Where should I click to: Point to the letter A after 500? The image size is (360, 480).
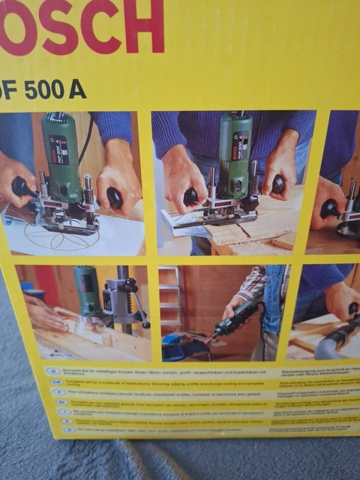76,89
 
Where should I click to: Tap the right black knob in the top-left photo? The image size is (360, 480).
114,197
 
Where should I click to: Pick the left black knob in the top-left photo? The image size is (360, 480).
23,187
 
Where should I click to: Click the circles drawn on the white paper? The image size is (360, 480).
56,236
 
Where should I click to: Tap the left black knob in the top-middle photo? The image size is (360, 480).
190,196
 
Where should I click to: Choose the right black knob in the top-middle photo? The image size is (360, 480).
277,184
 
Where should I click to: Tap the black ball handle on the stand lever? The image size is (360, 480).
145,324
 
